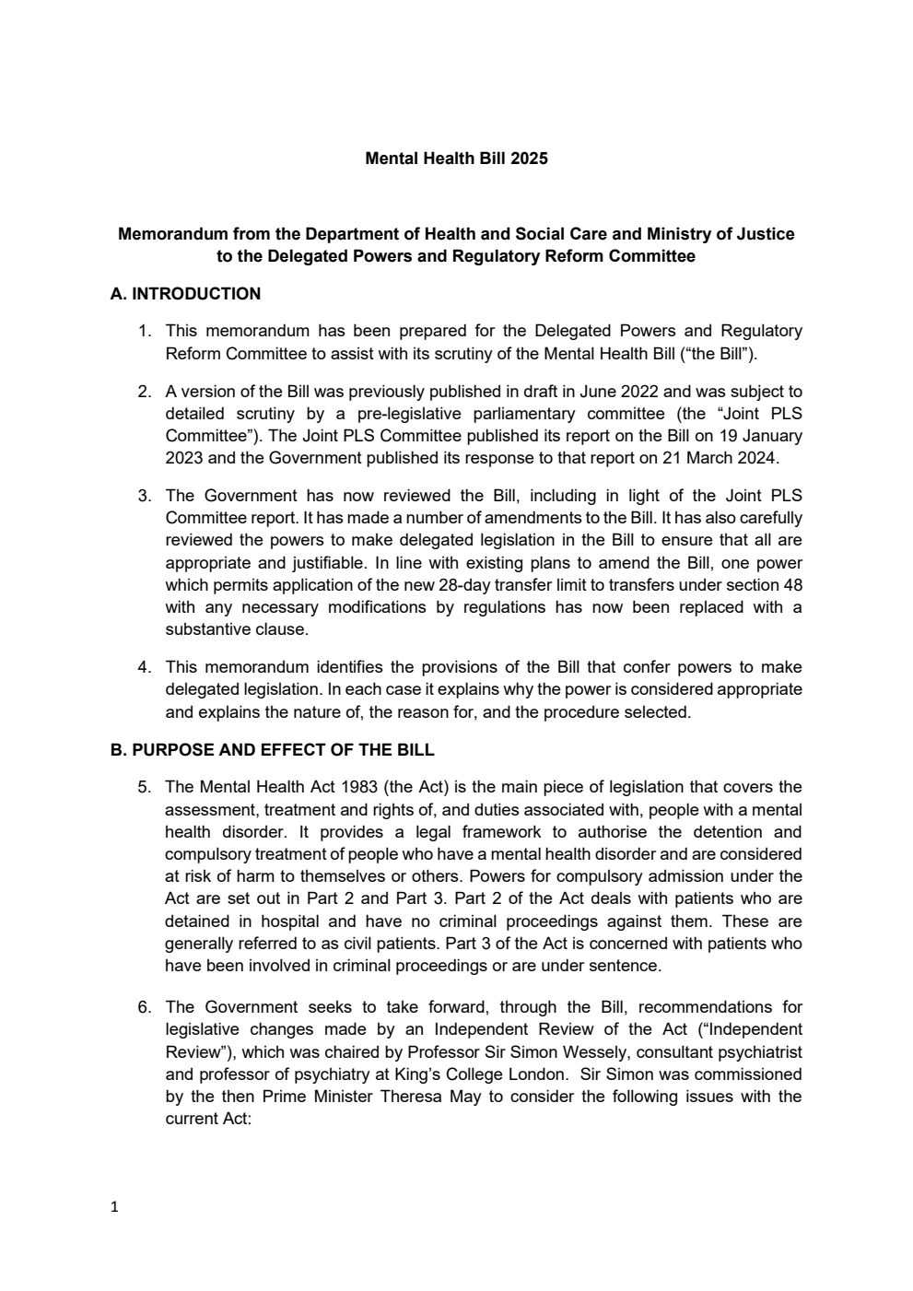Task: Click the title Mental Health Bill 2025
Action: (456, 158)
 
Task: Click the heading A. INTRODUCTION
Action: (185, 294)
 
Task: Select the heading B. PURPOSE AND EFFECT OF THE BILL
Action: (272, 749)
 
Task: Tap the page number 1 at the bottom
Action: (114, 1207)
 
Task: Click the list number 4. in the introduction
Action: (145, 667)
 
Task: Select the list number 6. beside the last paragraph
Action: (145, 1007)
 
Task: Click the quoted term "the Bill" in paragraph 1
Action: (719, 354)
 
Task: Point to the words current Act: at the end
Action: (208, 1119)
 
